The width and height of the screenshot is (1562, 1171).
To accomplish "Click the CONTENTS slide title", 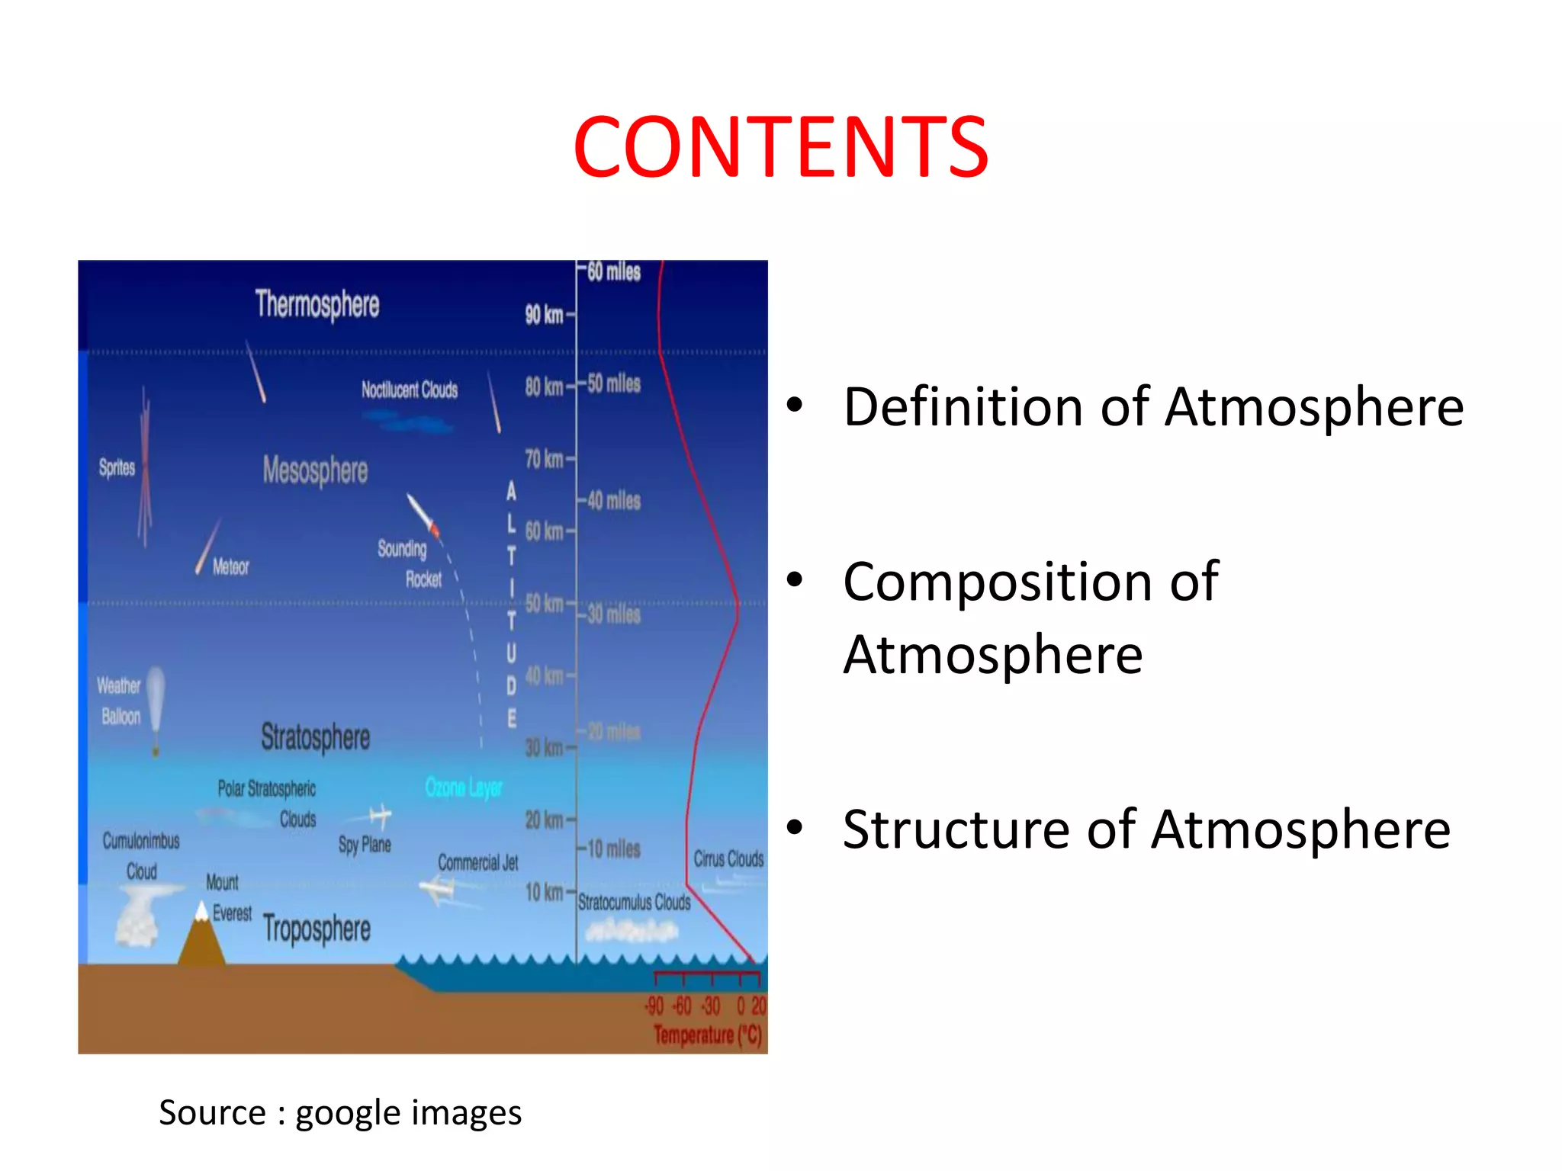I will [x=780, y=146].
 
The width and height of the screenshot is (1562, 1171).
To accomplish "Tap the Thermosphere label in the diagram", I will [x=317, y=304].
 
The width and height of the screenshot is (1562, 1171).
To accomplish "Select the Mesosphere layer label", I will [x=315, y=470].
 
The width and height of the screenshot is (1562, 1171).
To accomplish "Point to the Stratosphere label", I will [x=315, y=737].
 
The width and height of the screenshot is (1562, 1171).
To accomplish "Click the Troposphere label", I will [x=317, y=929].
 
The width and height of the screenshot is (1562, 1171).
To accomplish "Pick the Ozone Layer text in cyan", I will [x=463, y=787].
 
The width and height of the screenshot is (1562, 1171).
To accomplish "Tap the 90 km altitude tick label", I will [x=543, y=314].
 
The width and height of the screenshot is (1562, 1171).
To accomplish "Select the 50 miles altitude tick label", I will [x=614, y=383].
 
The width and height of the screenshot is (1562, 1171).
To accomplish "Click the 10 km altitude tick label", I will [x=543, y=892].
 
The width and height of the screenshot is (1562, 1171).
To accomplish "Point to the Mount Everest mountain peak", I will [x=202, y=912].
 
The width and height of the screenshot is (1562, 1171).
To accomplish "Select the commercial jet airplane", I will [x=439, y=889].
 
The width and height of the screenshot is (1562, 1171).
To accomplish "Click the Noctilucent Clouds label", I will [x=410, y=390].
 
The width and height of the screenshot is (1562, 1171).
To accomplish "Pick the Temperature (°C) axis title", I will [x=708, y=1035].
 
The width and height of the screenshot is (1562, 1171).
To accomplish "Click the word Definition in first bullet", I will [x=963, y=407].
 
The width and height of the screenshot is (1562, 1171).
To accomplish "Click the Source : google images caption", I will [x=340, y=1113].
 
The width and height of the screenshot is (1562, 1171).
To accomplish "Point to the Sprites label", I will [x=117, y=467].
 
